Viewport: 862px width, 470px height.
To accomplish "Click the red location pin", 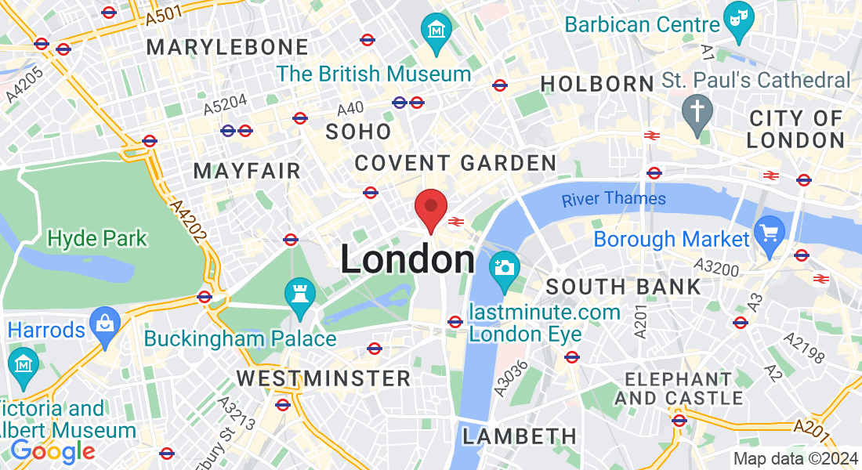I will pos(430,208).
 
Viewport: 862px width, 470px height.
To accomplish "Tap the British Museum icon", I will pos(436,31).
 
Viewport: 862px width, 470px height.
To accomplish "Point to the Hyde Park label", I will pos(97,237).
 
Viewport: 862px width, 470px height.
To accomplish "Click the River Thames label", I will pos(614,199).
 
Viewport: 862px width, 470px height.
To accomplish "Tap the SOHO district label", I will pos(358,132).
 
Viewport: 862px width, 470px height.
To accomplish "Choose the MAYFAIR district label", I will pos(247,171).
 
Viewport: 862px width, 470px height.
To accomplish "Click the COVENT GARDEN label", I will pos(455,163).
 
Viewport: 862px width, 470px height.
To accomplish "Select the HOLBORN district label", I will pos(597,84).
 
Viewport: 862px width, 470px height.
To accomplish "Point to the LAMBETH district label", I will pos(519,436).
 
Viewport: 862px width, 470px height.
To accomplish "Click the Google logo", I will pos(52,451).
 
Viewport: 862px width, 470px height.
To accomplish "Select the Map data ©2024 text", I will pos(795,459).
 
